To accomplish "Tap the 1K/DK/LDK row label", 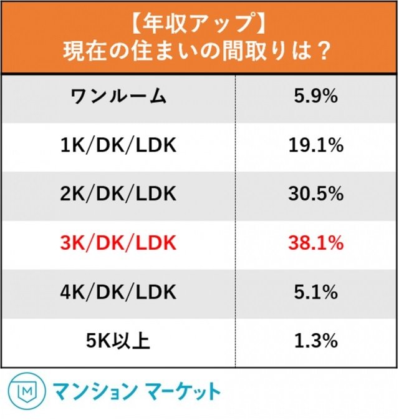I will [x=118, y=145].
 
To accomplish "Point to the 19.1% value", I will [x=315, y=145].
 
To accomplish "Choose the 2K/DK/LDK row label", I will [x=118, y=193].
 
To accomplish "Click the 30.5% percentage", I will [x=315, y=193].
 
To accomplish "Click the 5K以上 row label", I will [x=118, y=341].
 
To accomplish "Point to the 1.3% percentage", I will [x=315, y=341].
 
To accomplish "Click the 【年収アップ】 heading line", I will [x=199, y=23].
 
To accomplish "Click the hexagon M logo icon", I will [x=22, y=391].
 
